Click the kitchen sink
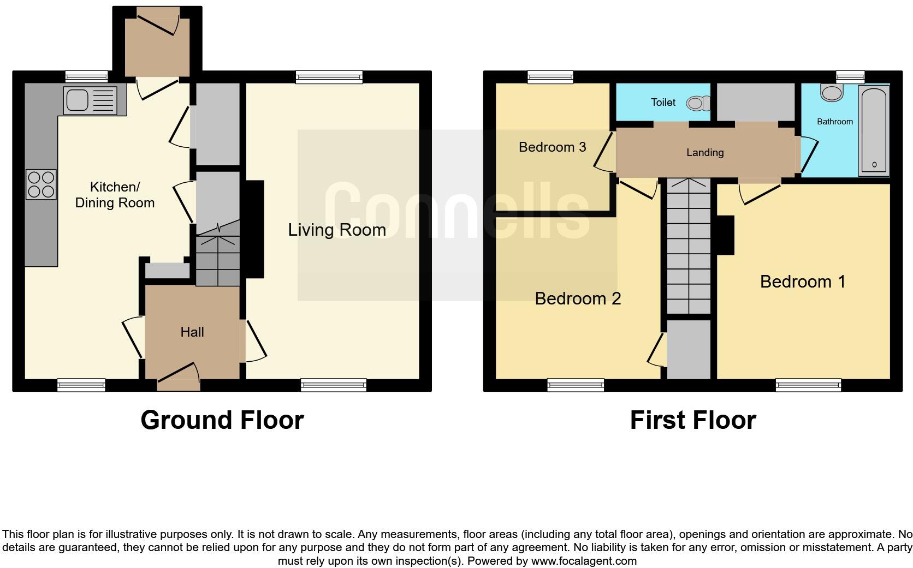pos(90,100)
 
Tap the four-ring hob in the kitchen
pos(41,184)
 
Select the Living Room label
pos(337,230)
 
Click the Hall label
pos(192,332)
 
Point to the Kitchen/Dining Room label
pos(115,195)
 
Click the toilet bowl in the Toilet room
pos(697,103)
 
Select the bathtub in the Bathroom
pos(874,130)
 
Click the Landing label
pos(705,153)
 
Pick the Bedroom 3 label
pos(552,147)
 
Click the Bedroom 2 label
pos(578,298)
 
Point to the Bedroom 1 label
pos(802,282)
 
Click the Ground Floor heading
pos(222,420)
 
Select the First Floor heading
pos(692,420)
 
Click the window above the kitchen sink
pos(87,77)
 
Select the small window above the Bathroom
pos(850,77)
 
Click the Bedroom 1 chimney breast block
pos(725,235)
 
